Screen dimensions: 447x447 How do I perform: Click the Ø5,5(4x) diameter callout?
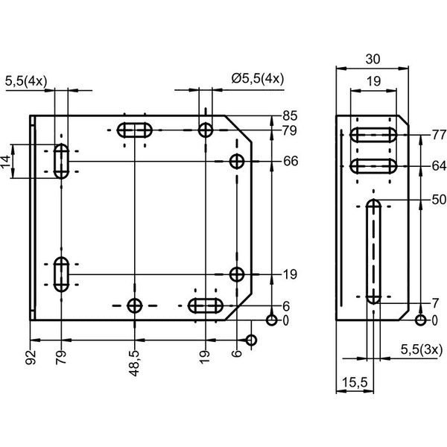point(258,78)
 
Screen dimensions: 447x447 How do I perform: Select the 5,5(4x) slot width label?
point(26,81)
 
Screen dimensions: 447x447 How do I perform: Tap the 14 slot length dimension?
point(6,161)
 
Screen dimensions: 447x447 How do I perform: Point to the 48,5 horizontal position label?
point(134,364)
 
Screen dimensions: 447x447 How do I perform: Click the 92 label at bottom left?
point(31,357)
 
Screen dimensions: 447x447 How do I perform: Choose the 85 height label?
point(290,116)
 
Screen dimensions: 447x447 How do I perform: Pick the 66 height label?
point(291,161)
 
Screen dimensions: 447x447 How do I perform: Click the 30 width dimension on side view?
point(373,59)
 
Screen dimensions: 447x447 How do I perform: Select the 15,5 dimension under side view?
point(355,382)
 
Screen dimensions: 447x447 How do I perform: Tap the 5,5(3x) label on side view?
point(422,349)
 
